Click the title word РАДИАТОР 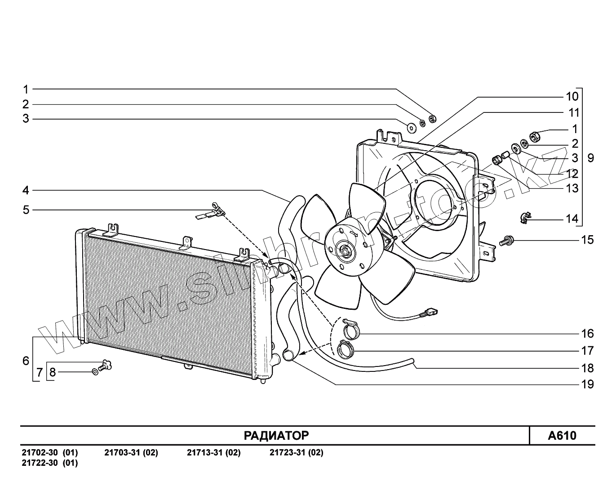(276, 435)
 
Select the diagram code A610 (562, 435)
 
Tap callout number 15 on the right (587, 240)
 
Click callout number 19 (587, 384)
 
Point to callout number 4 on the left (26, 190)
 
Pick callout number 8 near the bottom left (53, 372)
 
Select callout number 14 (572, 219)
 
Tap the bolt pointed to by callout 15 (506, 241)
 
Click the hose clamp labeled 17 (345, 348)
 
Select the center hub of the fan (346, 251)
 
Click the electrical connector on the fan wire (431, 311)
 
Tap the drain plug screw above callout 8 (105, 366)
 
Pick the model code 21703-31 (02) (131, 453)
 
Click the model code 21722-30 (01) (49, 463)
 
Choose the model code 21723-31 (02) (296, 453)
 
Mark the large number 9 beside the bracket (590, 158)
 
